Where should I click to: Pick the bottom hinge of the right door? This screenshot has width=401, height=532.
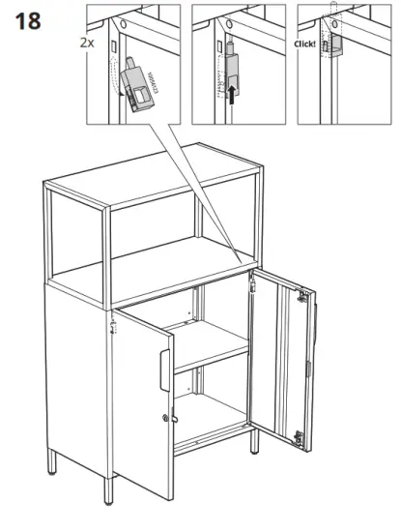[301, 435]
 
